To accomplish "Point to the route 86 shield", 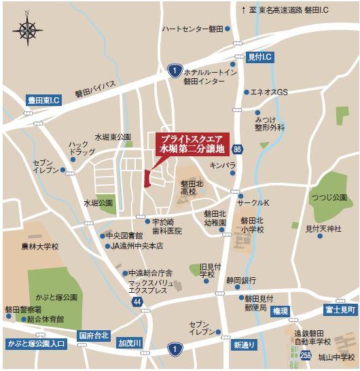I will (x=236, y=148).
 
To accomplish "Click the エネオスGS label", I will (x=270, y=92).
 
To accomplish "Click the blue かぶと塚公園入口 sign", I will (x=34, y=343).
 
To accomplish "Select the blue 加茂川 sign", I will (x=128, y=342).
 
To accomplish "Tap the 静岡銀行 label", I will (x=241, y=280).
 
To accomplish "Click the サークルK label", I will (x=253, y=203).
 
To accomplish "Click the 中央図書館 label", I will (x=124, y=236).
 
